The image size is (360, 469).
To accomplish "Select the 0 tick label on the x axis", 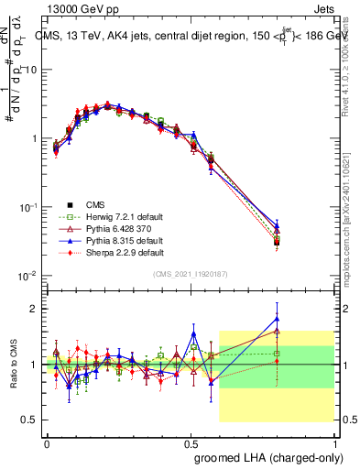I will pos(46,442).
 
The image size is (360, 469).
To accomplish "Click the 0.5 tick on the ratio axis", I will pos(29,420).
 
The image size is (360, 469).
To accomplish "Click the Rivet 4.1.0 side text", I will pos(352,64).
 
